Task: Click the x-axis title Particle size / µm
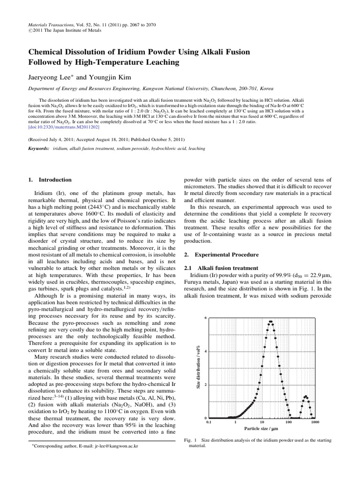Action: [x=261, y=428]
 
